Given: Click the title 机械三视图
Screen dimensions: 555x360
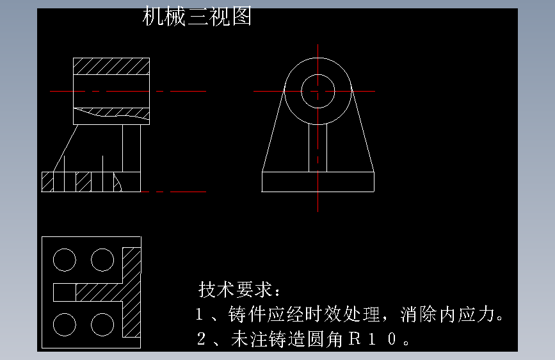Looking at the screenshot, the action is pyautogui.click(x=197, y=17).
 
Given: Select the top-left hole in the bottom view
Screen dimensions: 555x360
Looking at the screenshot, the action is pyautogui.click(x=64, y=260).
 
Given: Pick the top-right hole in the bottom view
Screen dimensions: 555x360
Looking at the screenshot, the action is pyautogui.click(x=102, y=260).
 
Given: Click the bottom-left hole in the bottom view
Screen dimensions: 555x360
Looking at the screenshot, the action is pyautogui.click(x=64, y=324).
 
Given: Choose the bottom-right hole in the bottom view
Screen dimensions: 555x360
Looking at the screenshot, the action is pyautogui.click(x=102, y=324).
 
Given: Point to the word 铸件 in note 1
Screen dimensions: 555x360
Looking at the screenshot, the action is pyautogui.click(x=245, y=315).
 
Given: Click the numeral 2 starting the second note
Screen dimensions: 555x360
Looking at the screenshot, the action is pyautogui.click(x=201, y=339).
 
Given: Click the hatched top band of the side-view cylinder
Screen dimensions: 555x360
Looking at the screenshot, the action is pyautogui.click(x=111, y=67).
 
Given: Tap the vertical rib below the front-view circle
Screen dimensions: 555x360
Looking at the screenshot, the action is pyautogui.click(x=318, y=147).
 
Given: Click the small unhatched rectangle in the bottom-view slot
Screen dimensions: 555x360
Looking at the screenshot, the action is pyautogui.click(x=64, y=292).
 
